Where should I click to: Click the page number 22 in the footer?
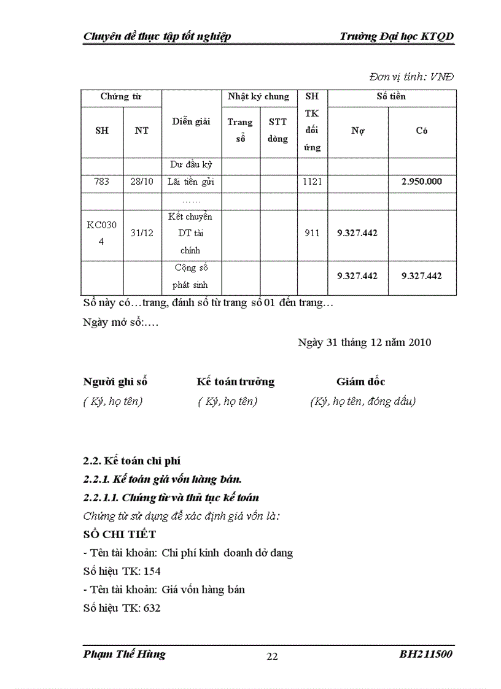click(x=272, y=656)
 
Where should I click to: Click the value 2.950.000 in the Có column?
click(x=422, y=182)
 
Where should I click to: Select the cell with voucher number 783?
click(x=102, y=182)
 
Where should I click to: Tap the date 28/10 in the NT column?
click(x=142, y=182)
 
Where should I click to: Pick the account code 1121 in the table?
click(x=312, y=182)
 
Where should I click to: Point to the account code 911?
click(x=312, y=233)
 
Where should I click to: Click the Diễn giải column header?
click(x=191, y=121)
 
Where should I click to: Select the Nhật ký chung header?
click(x=258, y=97)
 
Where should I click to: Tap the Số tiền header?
click(x=391, y=96)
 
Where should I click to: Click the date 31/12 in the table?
click(x=142, y=233)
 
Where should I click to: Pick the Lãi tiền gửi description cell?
click(x=191, y=182)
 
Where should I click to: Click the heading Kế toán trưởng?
click(x=235, y=382)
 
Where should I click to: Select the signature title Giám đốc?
click(x=360, y=382)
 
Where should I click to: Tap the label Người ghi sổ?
click(x=115, y=382)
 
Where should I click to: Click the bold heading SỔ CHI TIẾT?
click(x=120, y=534)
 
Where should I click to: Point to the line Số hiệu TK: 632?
click(x=122, y=608)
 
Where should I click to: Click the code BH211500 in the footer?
click(x=426, y=654)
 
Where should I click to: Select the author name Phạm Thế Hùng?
click(x=124, y=654)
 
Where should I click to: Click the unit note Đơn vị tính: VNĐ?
click(x=411, y=77)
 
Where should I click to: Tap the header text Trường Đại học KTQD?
click(x=397, y=37)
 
